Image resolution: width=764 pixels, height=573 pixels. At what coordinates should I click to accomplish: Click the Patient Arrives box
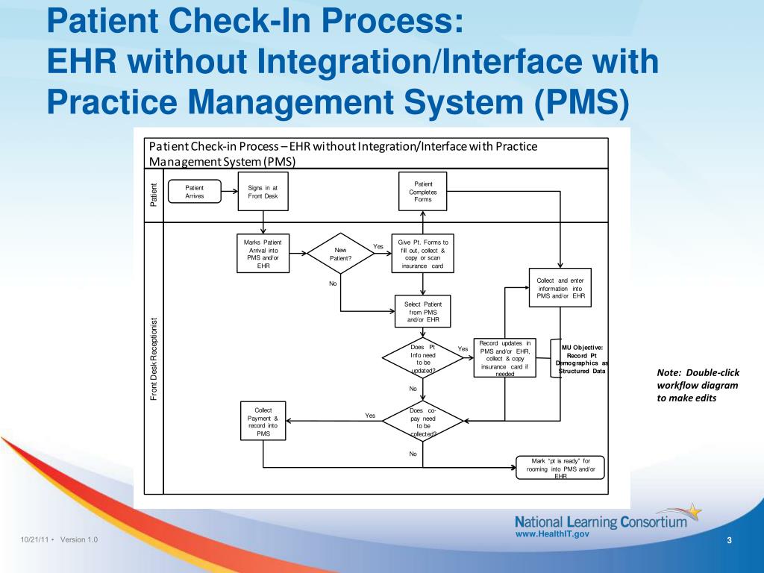(194, 192)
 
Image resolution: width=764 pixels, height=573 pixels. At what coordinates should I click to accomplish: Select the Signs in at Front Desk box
(262, 192)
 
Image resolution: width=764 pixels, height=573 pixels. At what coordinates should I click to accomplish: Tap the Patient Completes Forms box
(423, 192)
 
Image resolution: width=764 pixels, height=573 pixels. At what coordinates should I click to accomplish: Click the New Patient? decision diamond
(340, 254)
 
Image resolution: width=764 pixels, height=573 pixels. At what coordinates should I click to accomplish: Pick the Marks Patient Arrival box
(262, 254)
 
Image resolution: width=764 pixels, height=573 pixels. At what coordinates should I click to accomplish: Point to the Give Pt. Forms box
(423, 254)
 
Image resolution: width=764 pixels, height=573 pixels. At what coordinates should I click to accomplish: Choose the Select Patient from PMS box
(423, 312)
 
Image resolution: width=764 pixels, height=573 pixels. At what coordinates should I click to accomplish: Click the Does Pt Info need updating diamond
(423, 359)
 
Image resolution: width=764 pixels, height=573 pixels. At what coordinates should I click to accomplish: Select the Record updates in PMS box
(505, 359)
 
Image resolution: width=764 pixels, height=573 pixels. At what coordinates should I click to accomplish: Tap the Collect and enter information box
(560, 288)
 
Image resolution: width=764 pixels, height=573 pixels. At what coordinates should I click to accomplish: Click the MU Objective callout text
(582, 359)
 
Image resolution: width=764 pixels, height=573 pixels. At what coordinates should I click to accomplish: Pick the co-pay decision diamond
(423, 422)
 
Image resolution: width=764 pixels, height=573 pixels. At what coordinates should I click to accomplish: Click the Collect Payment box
(263, 422)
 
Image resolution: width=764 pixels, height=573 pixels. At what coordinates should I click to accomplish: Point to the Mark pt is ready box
(560, 468)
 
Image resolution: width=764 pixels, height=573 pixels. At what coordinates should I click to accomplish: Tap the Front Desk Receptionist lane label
(154, 359)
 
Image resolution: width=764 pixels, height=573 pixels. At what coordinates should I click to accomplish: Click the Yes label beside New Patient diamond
(378, 247)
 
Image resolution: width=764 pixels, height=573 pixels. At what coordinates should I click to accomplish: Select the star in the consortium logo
(693, 512)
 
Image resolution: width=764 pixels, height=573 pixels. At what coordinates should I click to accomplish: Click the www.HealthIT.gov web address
(553, 534)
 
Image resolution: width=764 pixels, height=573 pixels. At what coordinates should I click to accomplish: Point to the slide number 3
(729, 540)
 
